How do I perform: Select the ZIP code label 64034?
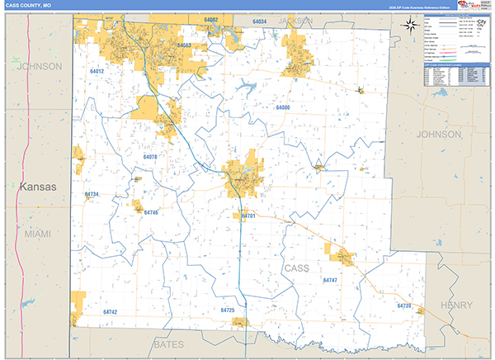coord(260,21)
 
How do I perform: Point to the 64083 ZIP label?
coord(184,46)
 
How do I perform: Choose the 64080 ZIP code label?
coord(283,108)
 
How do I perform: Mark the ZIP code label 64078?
coord(150,156)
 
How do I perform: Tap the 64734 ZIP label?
coord(92,195)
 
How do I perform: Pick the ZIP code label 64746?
coord(150,213)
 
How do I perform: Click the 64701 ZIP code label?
coord(248,216)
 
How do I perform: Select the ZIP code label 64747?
coord(330,282)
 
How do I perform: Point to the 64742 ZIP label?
coord(111,312)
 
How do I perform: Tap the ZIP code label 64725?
coord(229,310)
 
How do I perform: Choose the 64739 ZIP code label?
coord(403,306)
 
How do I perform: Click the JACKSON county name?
coord(295,19)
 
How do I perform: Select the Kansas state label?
coord(38,187)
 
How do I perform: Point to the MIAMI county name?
coord(37,234)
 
